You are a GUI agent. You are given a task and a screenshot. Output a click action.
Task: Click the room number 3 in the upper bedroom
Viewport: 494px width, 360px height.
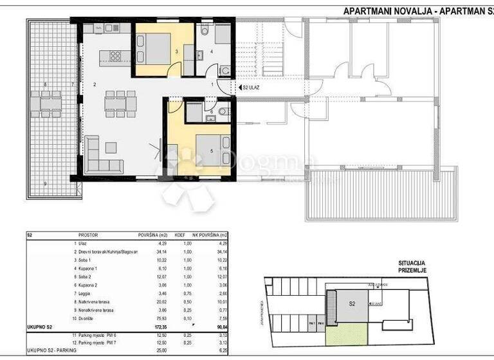176,51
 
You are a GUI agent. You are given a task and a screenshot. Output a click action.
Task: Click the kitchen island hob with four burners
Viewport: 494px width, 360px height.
116,55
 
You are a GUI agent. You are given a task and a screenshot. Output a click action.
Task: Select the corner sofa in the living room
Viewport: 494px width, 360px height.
103,156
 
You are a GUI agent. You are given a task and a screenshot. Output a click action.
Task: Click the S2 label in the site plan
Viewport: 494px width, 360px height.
352,303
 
